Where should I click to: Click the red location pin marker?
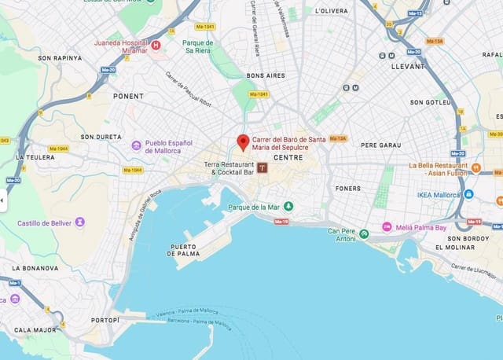[244, 141]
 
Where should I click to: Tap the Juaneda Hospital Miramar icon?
[156, 46]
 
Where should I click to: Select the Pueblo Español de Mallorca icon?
[136, 145]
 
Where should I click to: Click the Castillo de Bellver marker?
[79, 222]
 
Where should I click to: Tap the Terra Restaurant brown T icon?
[262, 167]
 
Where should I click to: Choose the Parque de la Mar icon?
[288, 206]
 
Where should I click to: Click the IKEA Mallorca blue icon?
[468, 194]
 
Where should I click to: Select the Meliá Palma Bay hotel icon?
[387, 227]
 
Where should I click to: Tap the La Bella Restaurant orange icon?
[476, 166]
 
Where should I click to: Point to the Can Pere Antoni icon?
[363, 233]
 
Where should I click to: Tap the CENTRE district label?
[288, 157]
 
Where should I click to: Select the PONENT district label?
[129, 96]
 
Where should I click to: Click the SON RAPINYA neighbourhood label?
[61, 57]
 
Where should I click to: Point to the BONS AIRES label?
[266, 75]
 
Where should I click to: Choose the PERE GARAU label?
[380, 145]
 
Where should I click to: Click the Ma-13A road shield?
[338, 138]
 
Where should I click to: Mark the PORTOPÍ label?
[105, 320]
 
